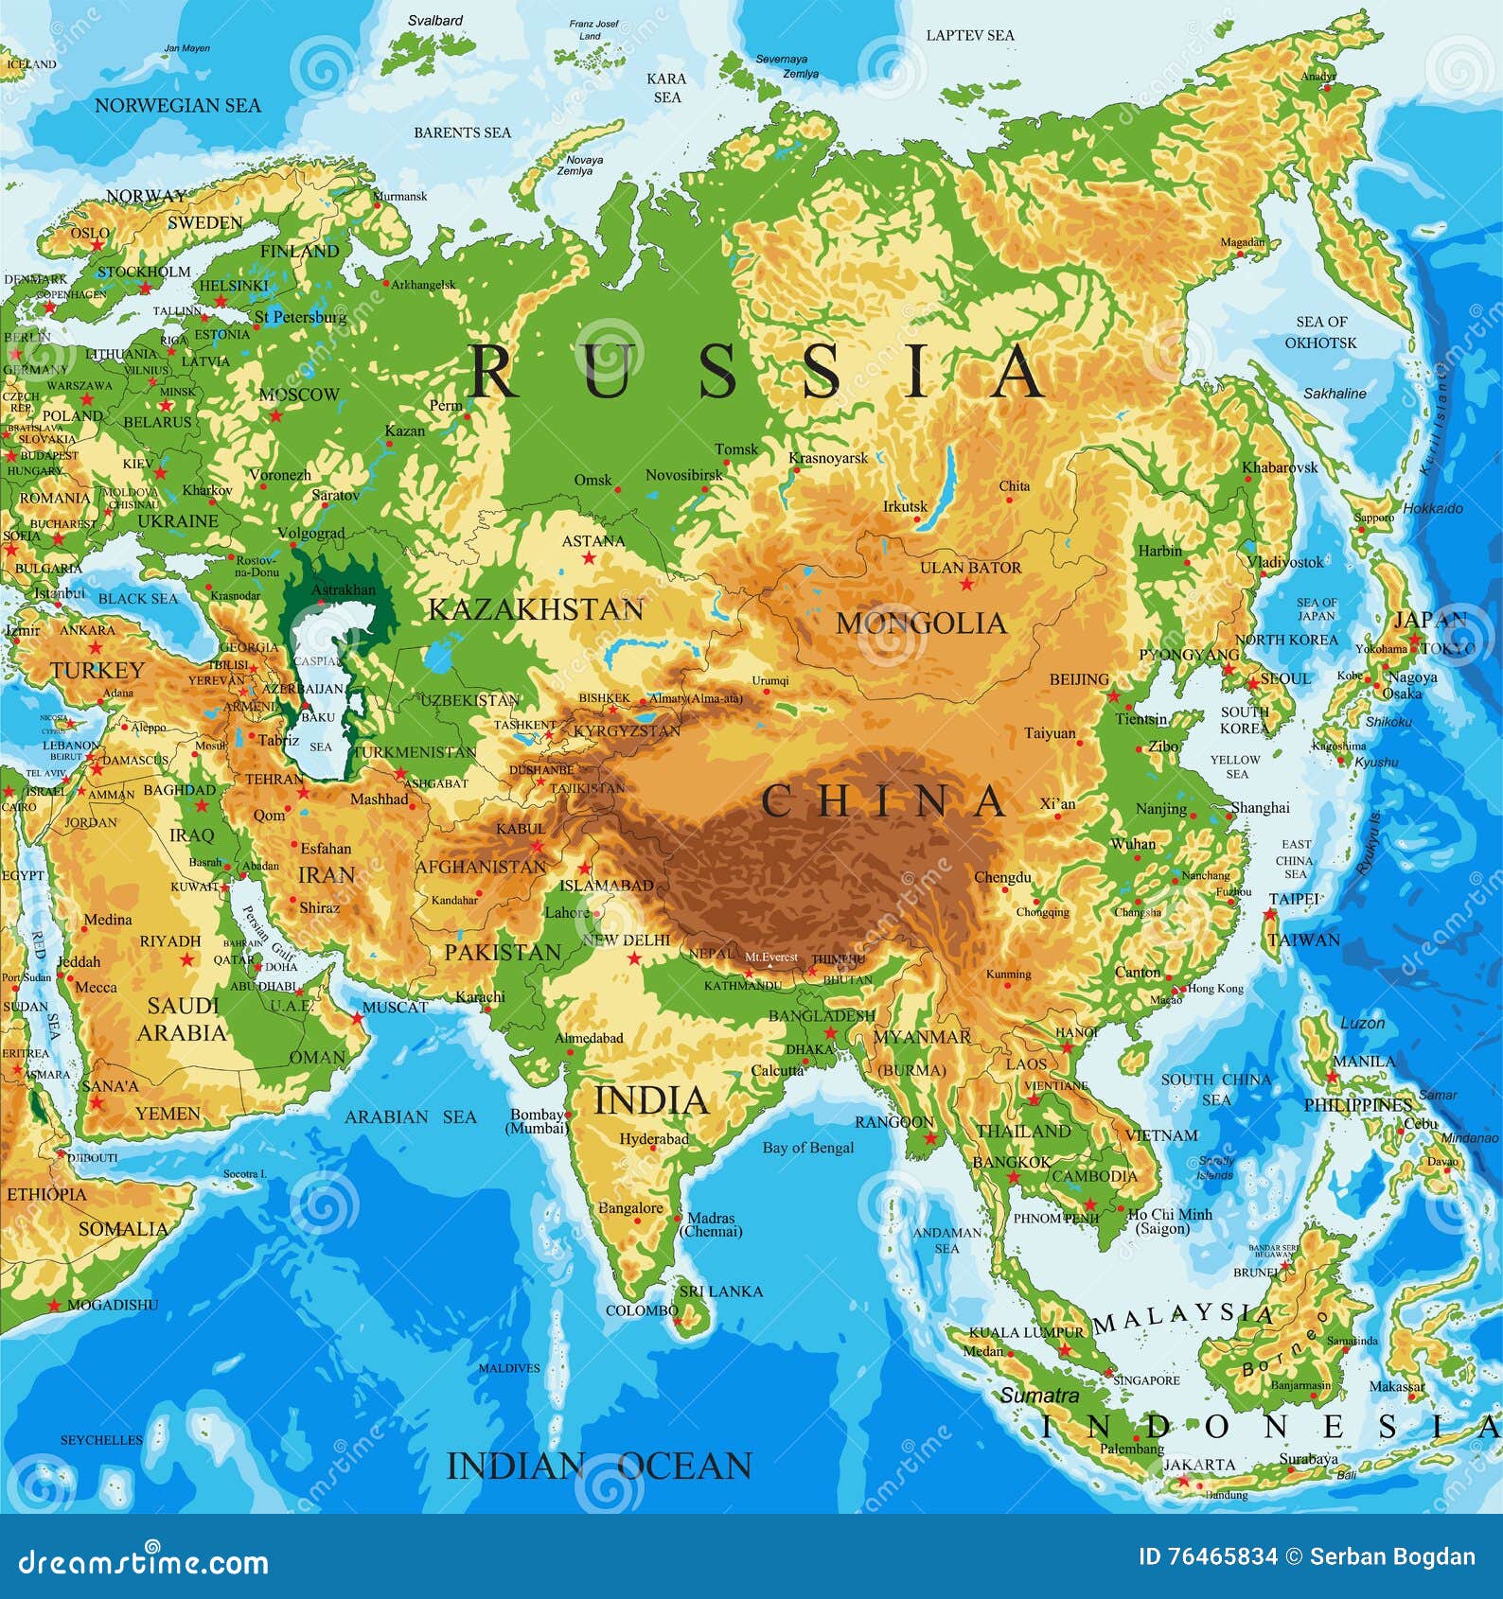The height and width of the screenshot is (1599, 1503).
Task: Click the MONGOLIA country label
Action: point(920,623)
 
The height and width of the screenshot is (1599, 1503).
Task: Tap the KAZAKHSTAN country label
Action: point(536,609)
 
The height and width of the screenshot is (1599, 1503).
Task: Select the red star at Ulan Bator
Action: point(966,585)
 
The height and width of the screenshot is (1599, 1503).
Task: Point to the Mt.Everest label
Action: point(771,957)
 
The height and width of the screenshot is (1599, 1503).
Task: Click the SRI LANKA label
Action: point(721,1291)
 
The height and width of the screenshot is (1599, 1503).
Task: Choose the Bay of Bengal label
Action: point(807,1148)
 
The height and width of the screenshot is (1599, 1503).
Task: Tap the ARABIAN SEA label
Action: point(410,1117)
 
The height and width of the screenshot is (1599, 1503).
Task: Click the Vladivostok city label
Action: point(1284,562)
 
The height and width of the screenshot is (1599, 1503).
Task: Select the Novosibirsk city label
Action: point(684,475)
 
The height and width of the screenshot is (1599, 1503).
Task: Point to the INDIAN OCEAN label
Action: point(598,1467)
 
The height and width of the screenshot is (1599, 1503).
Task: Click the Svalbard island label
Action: point(435,20)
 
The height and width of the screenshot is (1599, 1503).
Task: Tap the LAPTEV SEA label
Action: point(969,35)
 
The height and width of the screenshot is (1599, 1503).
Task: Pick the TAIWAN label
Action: point(1303,940)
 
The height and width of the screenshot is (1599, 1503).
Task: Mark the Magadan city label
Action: point(1242,242)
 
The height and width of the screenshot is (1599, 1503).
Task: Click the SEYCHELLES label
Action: point(101,1440)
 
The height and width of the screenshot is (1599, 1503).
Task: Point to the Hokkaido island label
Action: point(1432,508)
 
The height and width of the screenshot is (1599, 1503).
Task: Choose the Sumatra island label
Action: point(1039,1396)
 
